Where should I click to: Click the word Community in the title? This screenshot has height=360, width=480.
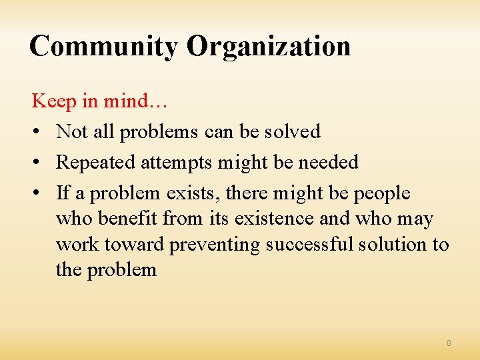[104, 47]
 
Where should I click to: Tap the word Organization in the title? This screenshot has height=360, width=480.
[269, 47]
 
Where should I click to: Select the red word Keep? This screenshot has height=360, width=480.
[54, 101]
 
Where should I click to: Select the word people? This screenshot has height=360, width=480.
[382, 194]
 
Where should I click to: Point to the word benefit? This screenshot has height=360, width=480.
[131, 219]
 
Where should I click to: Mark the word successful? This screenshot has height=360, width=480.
[310, 244]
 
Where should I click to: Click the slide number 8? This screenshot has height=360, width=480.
[449, 343]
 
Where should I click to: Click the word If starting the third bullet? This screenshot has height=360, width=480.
[63, 193]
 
